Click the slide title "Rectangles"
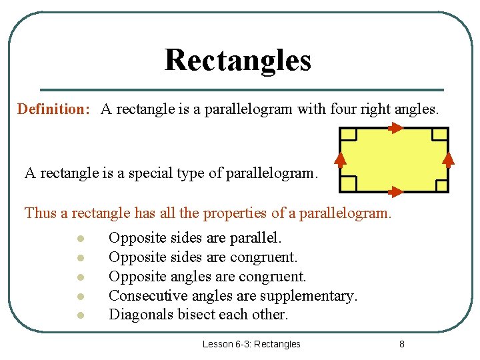tap(237, 60)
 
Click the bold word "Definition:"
tap(53, 109)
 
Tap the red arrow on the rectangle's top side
tap(395, 129)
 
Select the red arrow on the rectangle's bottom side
tap(395, 193)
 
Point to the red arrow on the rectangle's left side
tap(340, 159)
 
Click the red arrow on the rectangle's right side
tap(449, 159)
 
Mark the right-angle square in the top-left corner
tap(349, 135)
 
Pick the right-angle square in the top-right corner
tap(439, 135)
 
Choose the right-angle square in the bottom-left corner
tap(349, 184)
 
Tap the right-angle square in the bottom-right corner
tap(439, 184)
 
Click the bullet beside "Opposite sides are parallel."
tap(79, 239)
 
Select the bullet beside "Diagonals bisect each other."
tap(79, 315)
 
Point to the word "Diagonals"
tap(141, 314)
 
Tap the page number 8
tap(401, 344)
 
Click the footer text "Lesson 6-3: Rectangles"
tap(251, 344)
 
